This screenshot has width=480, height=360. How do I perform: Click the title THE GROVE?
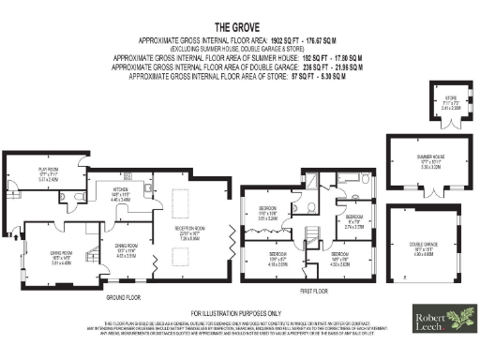coord(239,27)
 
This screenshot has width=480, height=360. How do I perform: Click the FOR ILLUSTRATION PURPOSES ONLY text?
coord(239,312)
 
